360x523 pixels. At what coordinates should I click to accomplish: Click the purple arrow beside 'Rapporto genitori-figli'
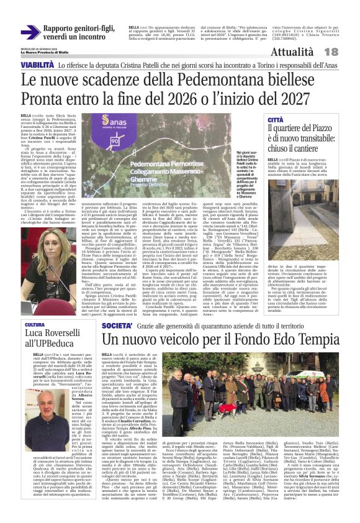[x=30, y=32]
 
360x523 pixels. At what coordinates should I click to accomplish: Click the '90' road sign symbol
[x=133, y=141]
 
